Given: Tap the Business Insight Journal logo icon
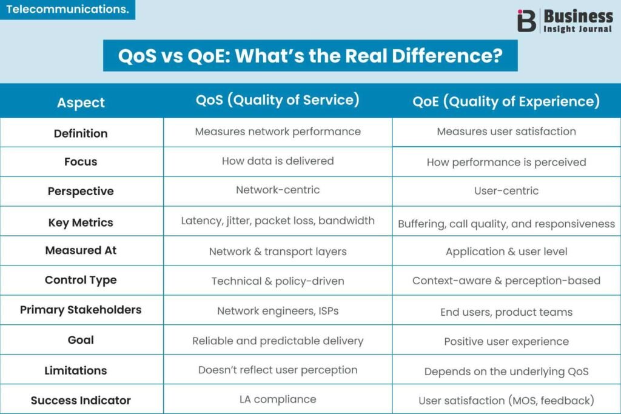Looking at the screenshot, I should pos(526,21).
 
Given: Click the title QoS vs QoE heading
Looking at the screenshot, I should pos(310,56).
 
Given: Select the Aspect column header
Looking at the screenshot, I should pos(81,102).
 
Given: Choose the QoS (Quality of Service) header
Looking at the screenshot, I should pos(278,100).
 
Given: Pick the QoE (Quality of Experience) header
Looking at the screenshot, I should pos(506,101).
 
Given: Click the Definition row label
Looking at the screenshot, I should pos(81,133).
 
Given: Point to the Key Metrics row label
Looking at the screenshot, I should pos(81,222).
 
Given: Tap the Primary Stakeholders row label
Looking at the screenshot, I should pos(81,310).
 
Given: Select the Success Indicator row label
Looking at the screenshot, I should pos(81,400).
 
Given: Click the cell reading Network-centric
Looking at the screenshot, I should pos(278,190).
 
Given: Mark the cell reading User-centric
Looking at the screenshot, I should pos(506,191).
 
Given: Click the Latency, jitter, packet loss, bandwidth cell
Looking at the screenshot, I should pos(278,221).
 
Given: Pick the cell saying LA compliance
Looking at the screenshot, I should pos(278,399).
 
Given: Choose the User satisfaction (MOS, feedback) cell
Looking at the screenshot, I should pos(506,400).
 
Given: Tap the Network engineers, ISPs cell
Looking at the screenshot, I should pos(278,311).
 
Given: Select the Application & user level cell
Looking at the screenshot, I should pos(506,252).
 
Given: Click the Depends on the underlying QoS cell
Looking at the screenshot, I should pos(506,372).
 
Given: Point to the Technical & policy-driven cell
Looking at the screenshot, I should pos(278,281).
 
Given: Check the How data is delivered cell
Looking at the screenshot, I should pos(278,161).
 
